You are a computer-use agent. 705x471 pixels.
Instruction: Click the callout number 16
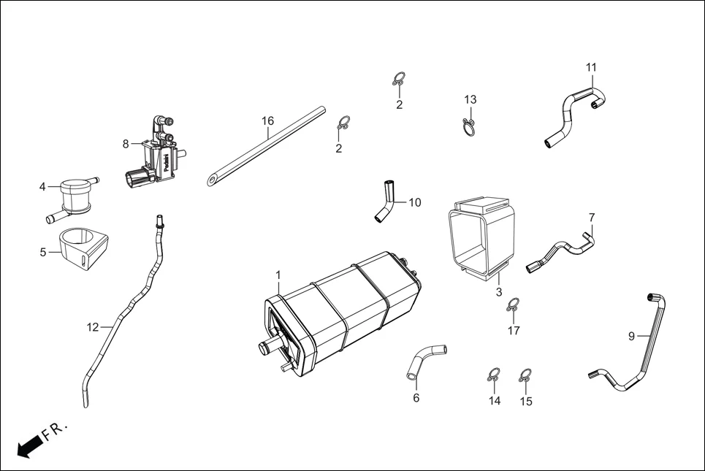pos(268,120)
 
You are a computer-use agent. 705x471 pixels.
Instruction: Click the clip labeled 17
pos(513,305)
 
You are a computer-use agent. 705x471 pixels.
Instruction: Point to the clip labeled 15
pos(525,375)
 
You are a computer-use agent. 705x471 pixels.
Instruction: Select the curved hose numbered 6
pos(424,360)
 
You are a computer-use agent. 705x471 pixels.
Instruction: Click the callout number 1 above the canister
pos(278,275)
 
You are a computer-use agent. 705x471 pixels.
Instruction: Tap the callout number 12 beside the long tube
pos(92,327)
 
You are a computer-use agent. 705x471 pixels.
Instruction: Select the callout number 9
pos(631,337)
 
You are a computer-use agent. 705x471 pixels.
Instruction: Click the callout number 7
pos(592,217)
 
